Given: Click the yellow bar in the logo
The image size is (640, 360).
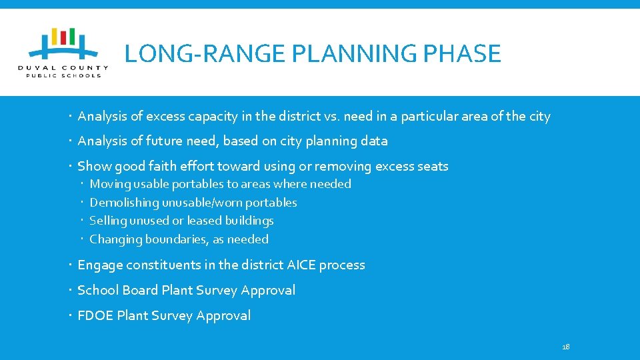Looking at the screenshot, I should pos(55,36).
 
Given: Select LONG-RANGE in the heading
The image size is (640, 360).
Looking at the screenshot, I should pos(191,53).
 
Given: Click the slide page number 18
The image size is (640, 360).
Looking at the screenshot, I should pos(566,347).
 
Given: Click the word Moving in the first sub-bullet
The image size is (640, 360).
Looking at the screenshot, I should pos(109,184).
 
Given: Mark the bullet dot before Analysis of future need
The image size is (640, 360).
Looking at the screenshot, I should pos(71,141).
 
